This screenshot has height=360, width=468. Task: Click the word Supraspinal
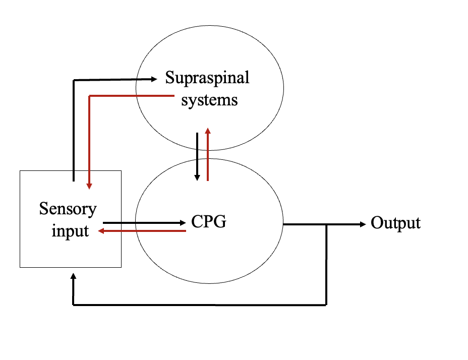(x=207, y=78)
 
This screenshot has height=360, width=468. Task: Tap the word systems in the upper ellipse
(x=209, y=100)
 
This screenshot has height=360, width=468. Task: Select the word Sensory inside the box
(x=68, y=208)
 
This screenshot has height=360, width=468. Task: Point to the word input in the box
(x=70, y=231)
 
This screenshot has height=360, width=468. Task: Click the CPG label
(x=208, y=221)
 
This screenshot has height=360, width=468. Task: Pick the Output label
(x=395, y=223)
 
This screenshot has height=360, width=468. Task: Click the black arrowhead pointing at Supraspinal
(x=154, y=79)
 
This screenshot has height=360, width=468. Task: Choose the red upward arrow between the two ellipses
(x=208, y=154)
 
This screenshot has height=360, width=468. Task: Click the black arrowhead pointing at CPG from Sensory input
(x=183, y=222)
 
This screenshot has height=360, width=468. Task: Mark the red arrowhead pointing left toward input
(x=101, y=231)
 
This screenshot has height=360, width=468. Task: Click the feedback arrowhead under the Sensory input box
(x=74, y=277)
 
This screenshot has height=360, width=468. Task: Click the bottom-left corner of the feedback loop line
(x=74, y=305)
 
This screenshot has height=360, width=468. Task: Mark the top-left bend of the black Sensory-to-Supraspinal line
(x=74, y=80)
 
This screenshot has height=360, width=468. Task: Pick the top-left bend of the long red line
(x=89, y=95)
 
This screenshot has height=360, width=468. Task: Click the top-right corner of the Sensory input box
(x=121, y=171)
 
